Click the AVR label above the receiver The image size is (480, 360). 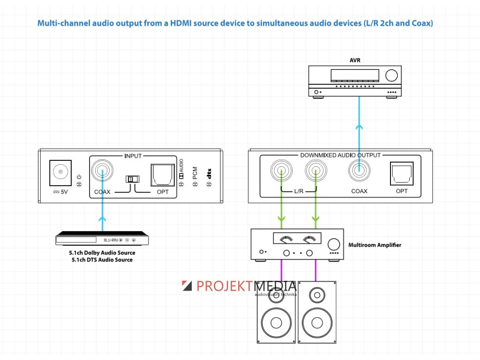[x=354, y=60]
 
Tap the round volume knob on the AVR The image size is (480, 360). [x=391, y=75]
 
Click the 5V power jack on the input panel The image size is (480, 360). [x=60, y=173]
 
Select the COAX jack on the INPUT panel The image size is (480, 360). [x=102, y=172]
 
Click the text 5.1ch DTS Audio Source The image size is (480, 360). [x=102, y=260]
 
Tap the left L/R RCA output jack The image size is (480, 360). [x=281, y=172]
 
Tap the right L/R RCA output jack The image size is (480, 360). [x=315, y=172]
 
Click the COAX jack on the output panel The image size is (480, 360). [x=359, y=172]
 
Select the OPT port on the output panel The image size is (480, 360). [x=402, y=174]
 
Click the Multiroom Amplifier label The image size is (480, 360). [x=375, y=245]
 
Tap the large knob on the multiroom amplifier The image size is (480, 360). [x=334, y=244]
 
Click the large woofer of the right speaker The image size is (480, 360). [x=316, y=323]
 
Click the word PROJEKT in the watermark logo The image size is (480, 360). [x=225, y=286]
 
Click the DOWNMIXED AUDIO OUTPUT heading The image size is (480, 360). [x=340, y=155]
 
